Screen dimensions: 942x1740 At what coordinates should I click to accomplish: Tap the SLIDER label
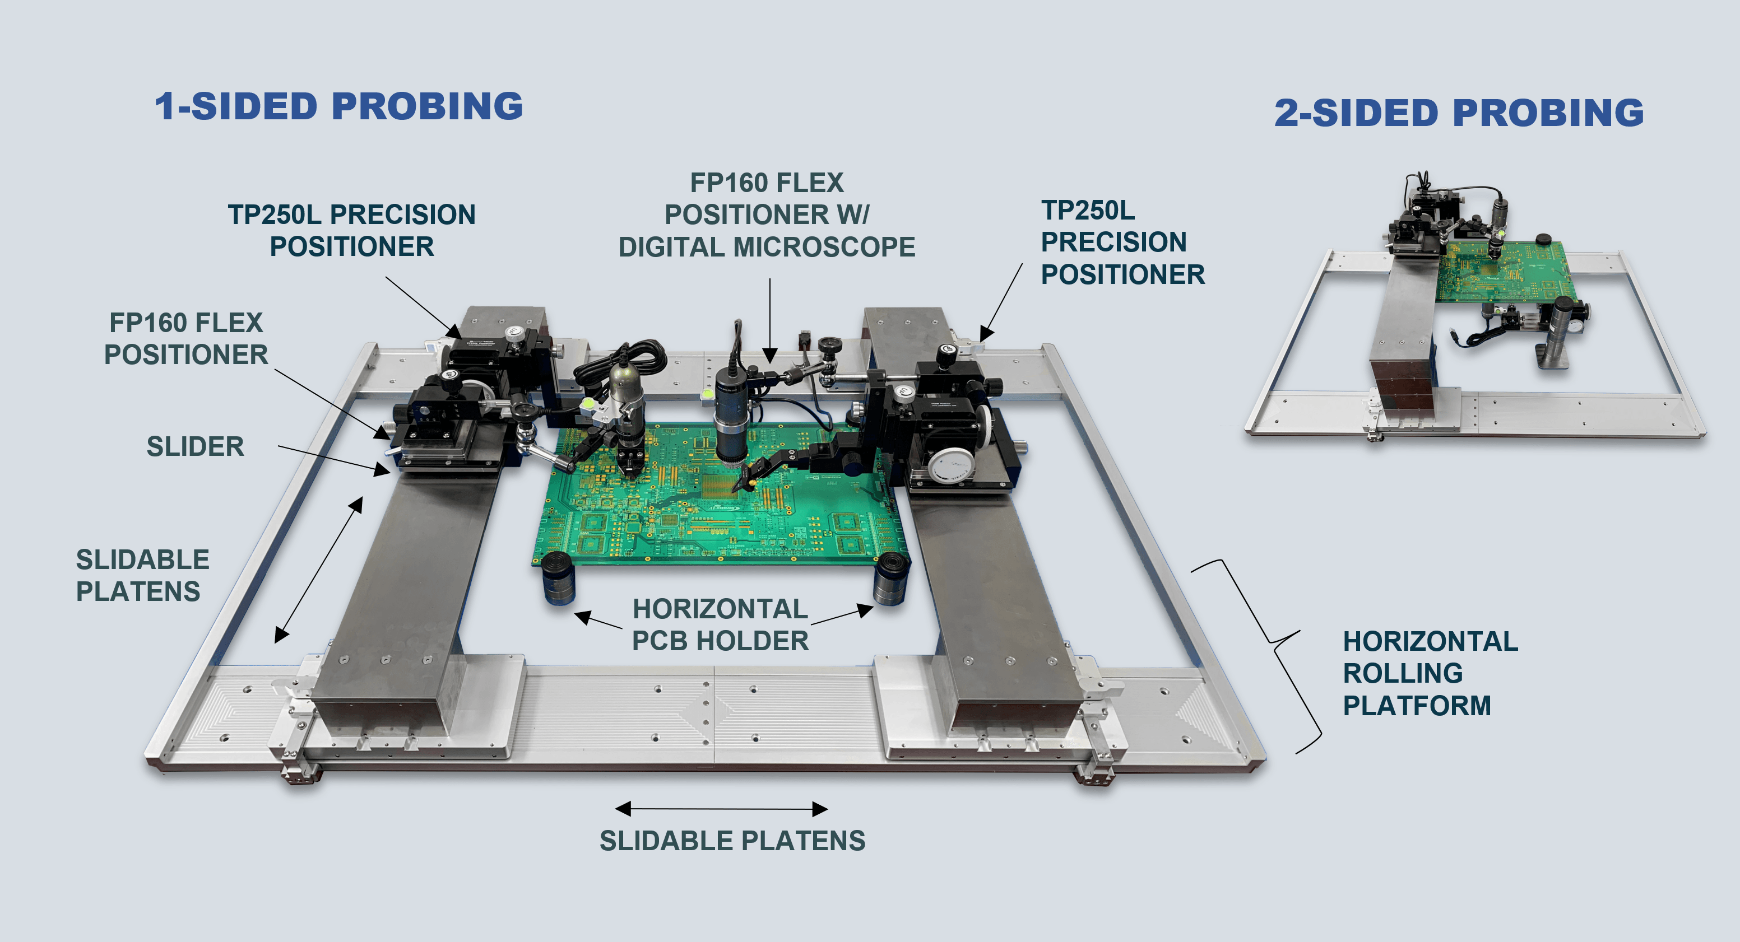[x=195, y=446]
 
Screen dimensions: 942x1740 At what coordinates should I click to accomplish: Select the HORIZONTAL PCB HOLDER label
[x=720, y=624]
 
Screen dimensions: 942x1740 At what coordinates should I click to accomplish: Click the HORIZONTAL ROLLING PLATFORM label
[x=1430, y=673]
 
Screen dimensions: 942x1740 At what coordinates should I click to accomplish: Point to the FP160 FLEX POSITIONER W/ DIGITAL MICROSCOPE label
[x=767, y=214]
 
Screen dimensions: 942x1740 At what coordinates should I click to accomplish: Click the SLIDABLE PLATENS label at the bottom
[x=732, y=841]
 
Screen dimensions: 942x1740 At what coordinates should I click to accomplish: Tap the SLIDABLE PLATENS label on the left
[x=142, y=575]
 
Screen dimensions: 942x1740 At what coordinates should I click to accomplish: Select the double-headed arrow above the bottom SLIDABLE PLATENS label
[x=721, y=808]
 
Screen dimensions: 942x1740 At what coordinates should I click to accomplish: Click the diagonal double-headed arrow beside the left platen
[x=319, y=569]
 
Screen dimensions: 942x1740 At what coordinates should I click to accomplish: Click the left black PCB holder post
[x=558, y=578]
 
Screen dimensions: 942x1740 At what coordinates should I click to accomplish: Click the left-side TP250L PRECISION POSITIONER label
[x=351, y=230]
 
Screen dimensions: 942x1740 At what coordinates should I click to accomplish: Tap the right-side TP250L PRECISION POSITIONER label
[x=1122, y=242]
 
